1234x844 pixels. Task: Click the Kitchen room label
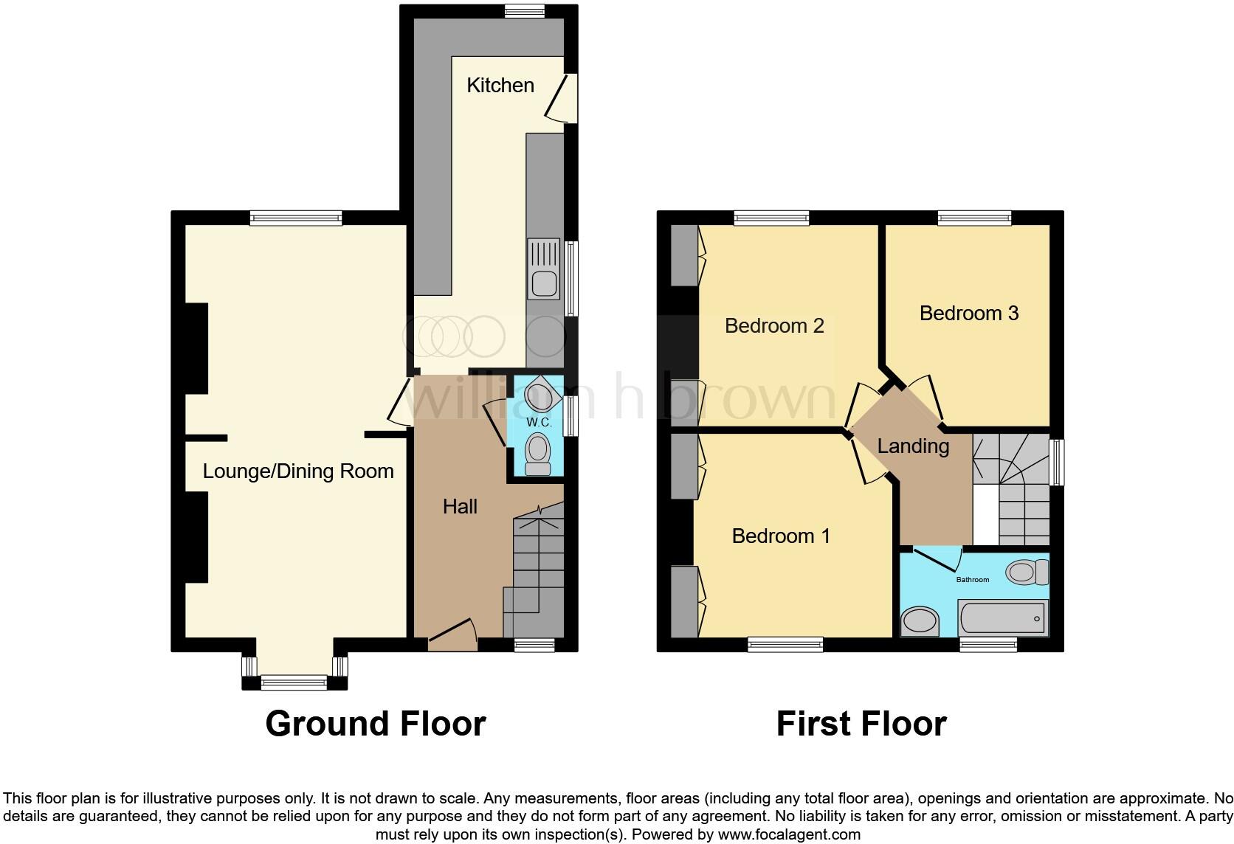[x=500, y=86]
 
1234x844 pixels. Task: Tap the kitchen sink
[x=544, y=282]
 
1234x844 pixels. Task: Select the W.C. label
[x=539, y=423]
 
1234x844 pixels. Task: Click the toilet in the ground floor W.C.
[x=539, y=452]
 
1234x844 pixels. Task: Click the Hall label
[x=460, y=506]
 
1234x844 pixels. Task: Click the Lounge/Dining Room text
[x=298, y=471]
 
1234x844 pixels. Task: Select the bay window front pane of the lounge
[x=294, y=683]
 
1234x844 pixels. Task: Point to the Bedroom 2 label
[x=774, y=325]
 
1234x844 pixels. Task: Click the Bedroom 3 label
[x=968, y=313]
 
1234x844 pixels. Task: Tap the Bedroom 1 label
[x=781, y=536]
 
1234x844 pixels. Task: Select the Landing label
[x=913, y=446]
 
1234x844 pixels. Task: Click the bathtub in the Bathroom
[x=1002, y=617]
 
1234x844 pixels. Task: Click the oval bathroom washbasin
[x=920, y=620]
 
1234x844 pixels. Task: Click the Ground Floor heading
[x=375, y=724]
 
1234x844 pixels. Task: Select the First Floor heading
[x=861, y=724]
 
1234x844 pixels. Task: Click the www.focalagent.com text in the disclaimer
[x=789, y=835]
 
